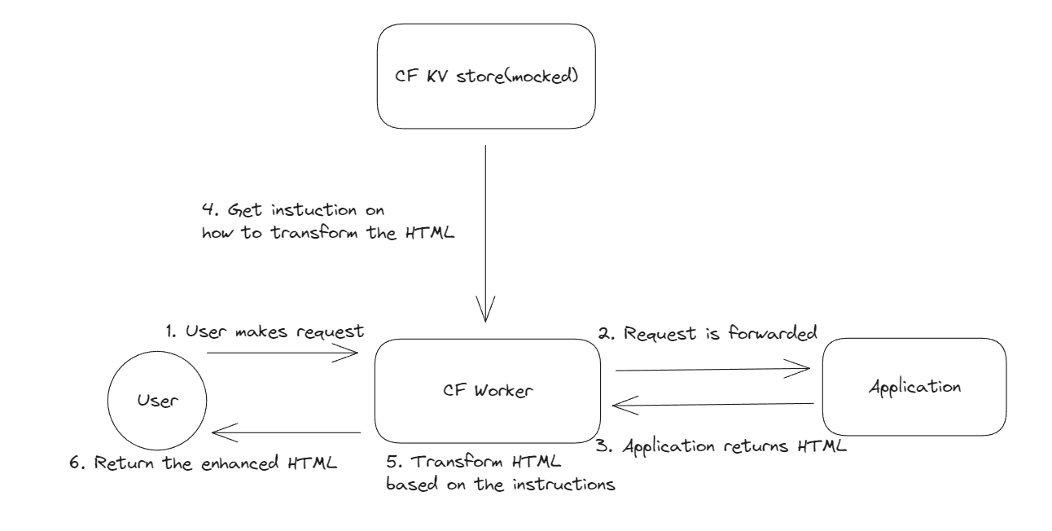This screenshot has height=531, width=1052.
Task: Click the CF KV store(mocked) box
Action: coord(486,76)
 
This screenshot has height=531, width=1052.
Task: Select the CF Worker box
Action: coord(488,391)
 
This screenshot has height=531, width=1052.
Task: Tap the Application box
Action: coord(914,387)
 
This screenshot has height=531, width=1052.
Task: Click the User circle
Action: coord(157,401)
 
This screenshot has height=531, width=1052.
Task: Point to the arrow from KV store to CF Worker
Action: coord(485,234)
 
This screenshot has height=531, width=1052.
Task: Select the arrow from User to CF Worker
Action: coord(283,353)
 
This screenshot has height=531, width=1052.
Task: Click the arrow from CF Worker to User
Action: coord(286,432)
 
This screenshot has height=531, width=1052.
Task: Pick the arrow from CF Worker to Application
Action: coord(713,370)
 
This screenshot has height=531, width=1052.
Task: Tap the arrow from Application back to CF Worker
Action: coord(713,404)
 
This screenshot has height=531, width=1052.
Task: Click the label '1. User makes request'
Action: coord(265,331)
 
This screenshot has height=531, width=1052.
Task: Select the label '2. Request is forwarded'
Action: coord(708,333)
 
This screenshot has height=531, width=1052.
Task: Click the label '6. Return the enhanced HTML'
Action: coord(203,463)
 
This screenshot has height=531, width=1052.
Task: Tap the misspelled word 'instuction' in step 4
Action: coord(314,210)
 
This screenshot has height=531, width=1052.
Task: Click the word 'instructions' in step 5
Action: coord(563,484)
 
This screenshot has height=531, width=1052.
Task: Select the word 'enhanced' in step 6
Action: coord(240,463)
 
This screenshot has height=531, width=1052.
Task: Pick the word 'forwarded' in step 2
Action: coord(773,333)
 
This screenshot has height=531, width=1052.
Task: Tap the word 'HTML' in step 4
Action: coord(430,233)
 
